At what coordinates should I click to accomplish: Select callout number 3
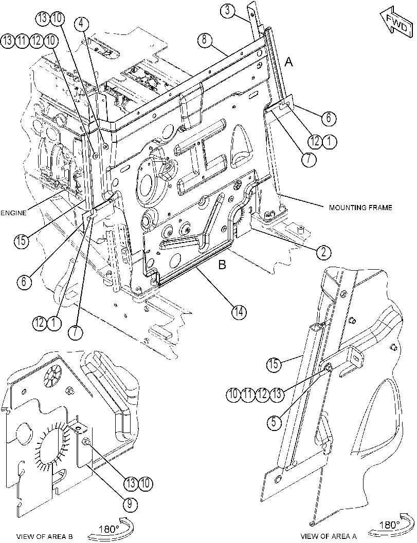(227, 10)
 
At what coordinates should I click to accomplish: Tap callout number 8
(205, 40)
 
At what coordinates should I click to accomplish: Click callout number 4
(81, 23)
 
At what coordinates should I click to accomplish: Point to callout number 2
(323, 252)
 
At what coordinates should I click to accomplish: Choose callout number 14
(239, 312)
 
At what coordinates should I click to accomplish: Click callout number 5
(274, 423)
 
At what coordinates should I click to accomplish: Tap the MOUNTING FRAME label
(360, 208)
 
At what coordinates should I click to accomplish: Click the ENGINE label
(13, 213)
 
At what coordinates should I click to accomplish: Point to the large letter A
(289, 62)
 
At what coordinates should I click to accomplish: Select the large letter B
(222, 265)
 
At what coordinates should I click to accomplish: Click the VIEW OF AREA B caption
(45, 536)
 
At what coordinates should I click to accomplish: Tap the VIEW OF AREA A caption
(328, 536)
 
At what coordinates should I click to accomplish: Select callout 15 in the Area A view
(274, 364)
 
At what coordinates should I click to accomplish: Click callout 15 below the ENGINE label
(22, 240)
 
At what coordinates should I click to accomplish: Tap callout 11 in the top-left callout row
(22, 41)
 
